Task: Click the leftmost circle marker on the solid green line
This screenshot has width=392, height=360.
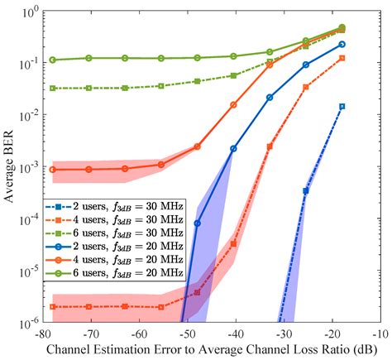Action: [x=53, y=60]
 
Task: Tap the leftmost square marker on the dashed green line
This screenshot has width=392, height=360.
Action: [x=53, y=88]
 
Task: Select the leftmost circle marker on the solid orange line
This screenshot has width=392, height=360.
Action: [x=53, y=170]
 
